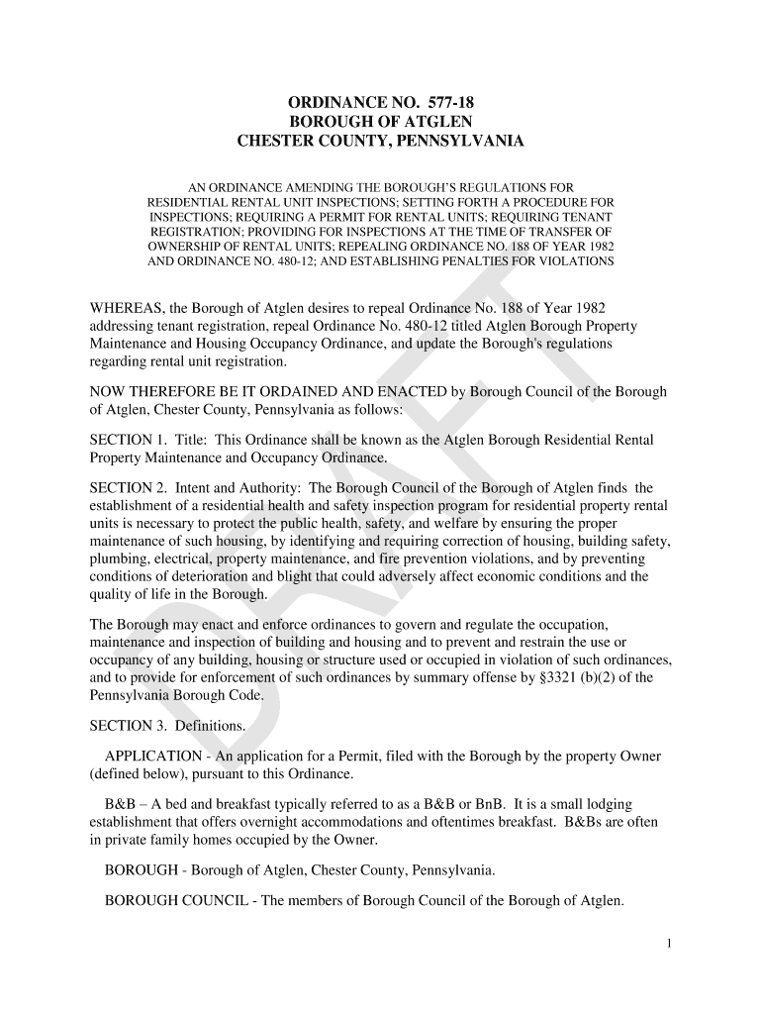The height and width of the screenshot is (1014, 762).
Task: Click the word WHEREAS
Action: [129, 307]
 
